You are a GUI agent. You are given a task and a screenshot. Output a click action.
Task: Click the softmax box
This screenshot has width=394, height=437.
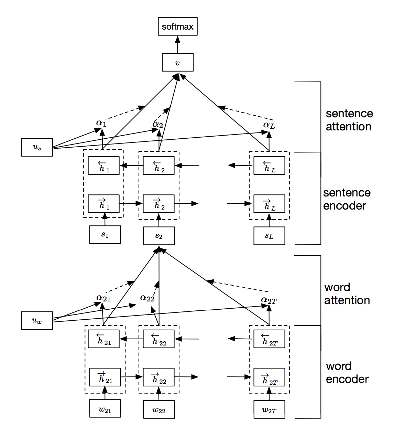point(177,26)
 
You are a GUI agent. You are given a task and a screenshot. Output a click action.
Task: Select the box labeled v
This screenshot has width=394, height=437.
point(177,62)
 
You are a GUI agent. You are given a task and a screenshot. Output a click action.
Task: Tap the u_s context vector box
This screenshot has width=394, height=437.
point(37,147)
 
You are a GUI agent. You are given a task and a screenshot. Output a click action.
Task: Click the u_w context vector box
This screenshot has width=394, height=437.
point(37,321)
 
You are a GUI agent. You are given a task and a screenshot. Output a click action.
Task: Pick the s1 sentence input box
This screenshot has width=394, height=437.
point(105,235)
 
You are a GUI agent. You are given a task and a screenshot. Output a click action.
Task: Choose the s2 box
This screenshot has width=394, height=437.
point(158,236)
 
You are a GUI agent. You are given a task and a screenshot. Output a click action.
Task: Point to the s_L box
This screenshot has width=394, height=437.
point(269,236)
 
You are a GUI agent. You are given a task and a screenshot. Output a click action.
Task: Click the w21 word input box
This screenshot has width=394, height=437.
point(105,408)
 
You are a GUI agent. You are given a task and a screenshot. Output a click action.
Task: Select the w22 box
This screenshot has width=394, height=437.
point(158,409)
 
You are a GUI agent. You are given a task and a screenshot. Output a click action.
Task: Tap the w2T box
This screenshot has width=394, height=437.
point(269,409)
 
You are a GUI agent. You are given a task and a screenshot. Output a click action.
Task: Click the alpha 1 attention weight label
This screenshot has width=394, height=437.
point(101,123)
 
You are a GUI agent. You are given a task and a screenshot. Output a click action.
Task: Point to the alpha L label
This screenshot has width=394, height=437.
point(269,125)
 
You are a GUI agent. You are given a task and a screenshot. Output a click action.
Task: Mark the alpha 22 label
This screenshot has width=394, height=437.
point(147,298)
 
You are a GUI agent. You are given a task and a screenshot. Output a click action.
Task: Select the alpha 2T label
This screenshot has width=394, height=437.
point(269,300)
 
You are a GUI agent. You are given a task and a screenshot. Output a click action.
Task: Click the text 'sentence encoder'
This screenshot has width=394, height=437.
point(347,199)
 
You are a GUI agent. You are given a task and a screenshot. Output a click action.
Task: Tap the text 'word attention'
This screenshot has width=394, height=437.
point(347,294)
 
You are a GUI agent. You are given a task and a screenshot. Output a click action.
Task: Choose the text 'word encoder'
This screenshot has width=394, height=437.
point(347,373)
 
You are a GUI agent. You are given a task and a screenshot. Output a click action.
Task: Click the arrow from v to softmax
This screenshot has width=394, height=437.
point(177,44)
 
